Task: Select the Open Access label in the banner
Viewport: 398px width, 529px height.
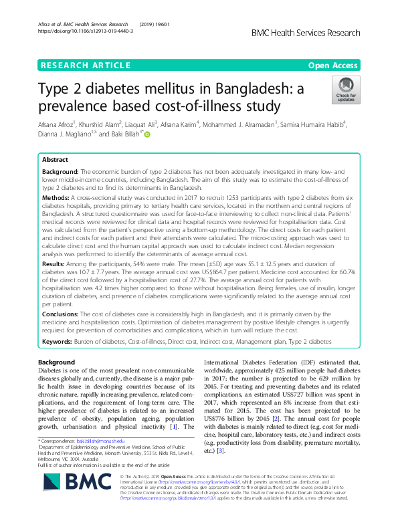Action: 332,66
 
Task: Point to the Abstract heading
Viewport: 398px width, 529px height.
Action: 54,161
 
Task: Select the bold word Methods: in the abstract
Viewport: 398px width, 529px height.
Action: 58,199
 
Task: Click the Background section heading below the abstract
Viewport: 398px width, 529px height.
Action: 57,362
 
